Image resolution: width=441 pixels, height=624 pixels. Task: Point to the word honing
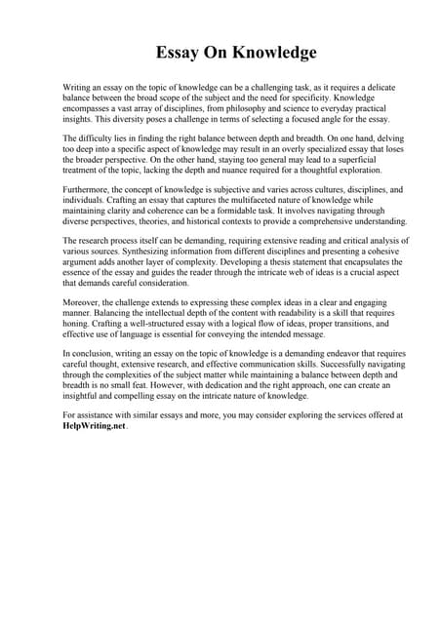[x=81, y=328]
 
